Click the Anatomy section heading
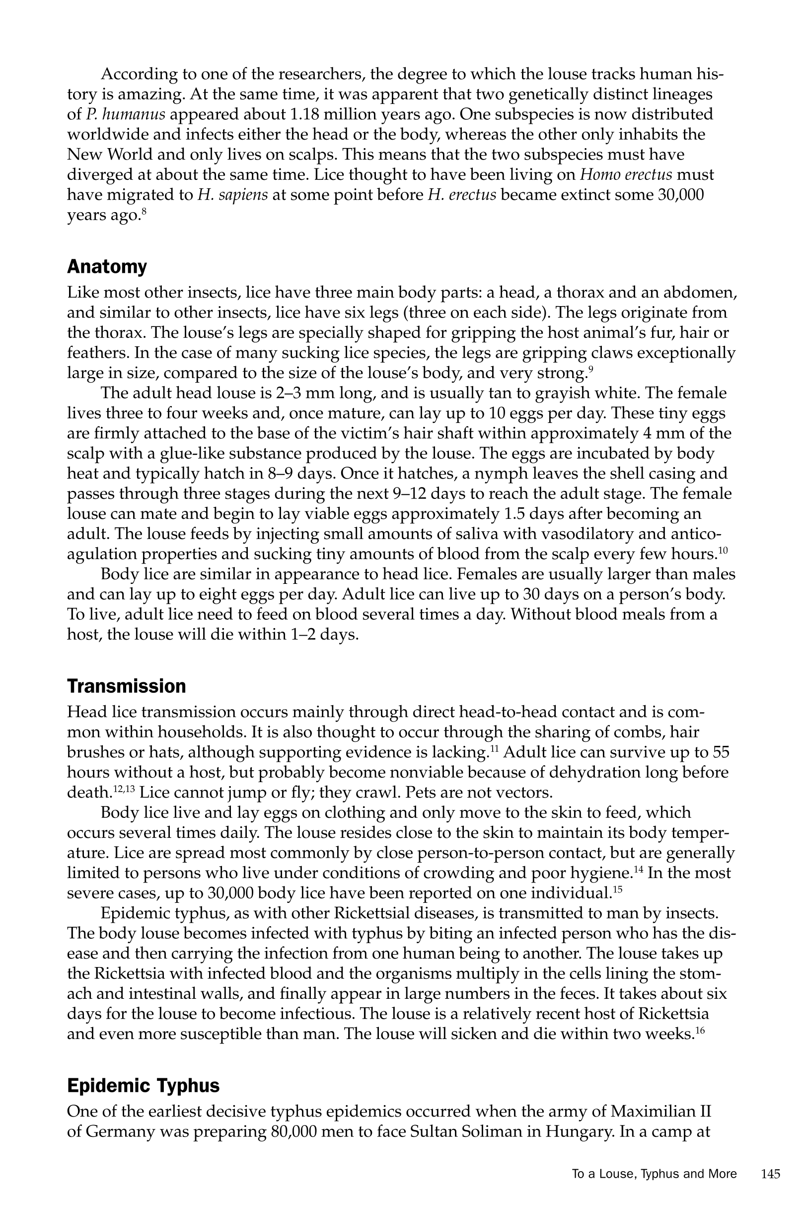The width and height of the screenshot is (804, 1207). (107, 267)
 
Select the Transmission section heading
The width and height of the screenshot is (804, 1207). (126, 686)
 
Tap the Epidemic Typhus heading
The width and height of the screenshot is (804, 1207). (143, 1085)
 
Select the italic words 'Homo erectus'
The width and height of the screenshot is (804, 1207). (626, 175)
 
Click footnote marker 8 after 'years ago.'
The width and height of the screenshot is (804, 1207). (145, 211)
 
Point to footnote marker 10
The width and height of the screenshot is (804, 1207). (723, 551)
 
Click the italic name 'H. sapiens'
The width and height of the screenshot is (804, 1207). (232, 195)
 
